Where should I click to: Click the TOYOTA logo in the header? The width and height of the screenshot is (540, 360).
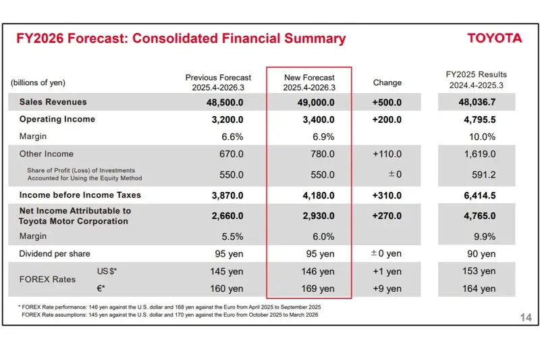pyautogui.click(x=495, y=38)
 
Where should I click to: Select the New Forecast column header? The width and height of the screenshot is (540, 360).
pyautogui.click(x=309, y=82)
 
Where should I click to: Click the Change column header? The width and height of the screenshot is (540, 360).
pyautogui.click(x=387, y=82)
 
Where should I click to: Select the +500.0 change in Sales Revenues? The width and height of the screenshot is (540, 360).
pyautogui.click(x=386, y=103)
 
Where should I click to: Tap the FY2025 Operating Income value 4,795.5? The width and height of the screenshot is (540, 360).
pyautogui.click(x=477, y=120)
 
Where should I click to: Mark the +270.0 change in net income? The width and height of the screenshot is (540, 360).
pyautogui.click(x=386, y=215)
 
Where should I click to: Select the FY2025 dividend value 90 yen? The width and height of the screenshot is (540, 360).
pyautogui.click(x=479, y=254)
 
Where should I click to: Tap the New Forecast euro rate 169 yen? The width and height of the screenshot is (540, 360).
pyautogui.click(x=317, y=289)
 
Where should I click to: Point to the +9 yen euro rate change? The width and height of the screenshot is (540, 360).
pyautogui.click(x=387, y=289)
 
